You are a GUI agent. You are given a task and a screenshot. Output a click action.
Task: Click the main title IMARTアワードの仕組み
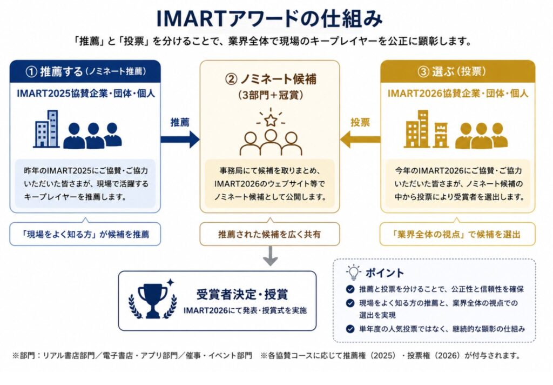pos(269,18)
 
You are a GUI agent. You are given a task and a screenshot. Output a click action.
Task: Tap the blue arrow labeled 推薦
pos(180,139)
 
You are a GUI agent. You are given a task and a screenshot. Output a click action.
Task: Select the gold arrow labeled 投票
pos(360,139)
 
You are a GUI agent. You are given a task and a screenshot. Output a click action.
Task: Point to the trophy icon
pos(153,300)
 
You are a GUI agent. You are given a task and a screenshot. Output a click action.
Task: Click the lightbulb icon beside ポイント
pos(353,273)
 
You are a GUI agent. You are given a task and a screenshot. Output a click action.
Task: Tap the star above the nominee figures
pos(271,120)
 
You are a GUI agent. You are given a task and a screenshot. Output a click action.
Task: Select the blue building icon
pos(46,129)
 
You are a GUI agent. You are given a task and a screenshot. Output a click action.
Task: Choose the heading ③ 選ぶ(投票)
pos(452,72)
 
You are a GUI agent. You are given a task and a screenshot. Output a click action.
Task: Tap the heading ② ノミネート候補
pos(271,79)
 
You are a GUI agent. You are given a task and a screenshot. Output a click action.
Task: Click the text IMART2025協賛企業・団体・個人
pos(86,94)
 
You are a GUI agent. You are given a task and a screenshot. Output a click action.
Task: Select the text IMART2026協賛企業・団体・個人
pos(458,94)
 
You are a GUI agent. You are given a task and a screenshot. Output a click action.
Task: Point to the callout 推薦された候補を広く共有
pos(270,234)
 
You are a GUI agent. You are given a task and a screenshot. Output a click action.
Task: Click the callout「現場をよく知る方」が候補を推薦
pos(85,234)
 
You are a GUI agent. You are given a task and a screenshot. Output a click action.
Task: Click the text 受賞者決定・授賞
pos(242,294)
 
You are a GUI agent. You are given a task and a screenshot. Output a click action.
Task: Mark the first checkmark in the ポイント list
pos(350,289)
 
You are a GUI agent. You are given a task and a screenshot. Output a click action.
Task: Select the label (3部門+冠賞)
pos(271,95)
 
